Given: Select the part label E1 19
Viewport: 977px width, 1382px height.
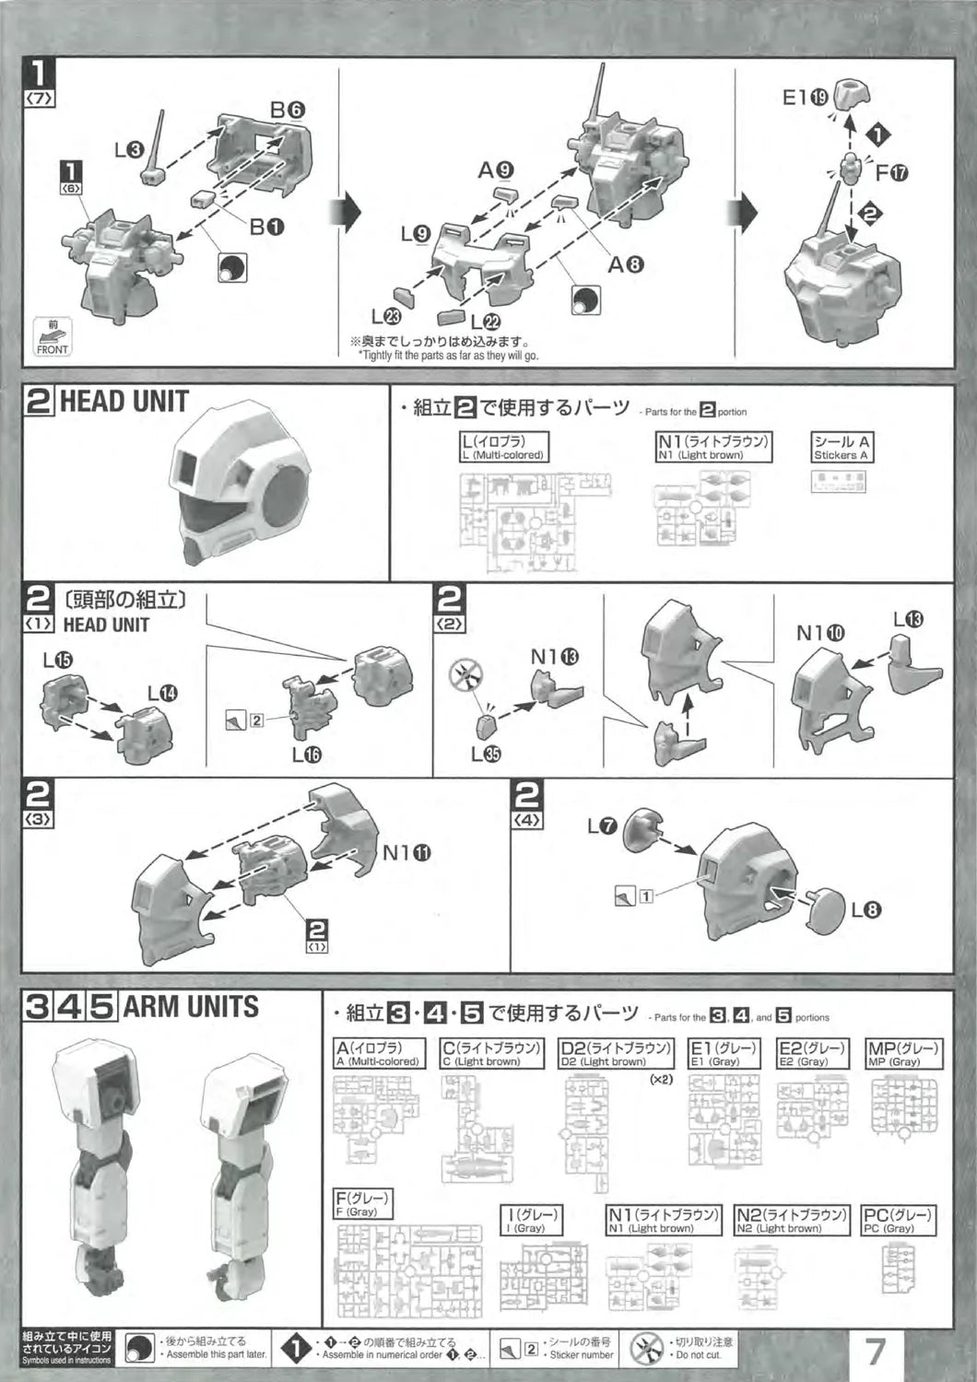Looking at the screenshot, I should click(x=805, y=98).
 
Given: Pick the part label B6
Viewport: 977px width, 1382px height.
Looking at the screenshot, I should click(x=287, y=109).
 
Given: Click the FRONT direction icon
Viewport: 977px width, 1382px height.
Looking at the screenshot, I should click(x=53, y=337).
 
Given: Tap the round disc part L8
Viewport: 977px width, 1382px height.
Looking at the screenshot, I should click(x=826, y=908).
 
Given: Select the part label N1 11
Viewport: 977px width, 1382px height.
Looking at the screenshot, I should click(x=407, y=853).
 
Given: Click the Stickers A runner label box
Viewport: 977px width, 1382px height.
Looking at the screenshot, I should click(x=842, y=448).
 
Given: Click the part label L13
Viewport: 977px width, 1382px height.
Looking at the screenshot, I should click(x=907, y=619).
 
